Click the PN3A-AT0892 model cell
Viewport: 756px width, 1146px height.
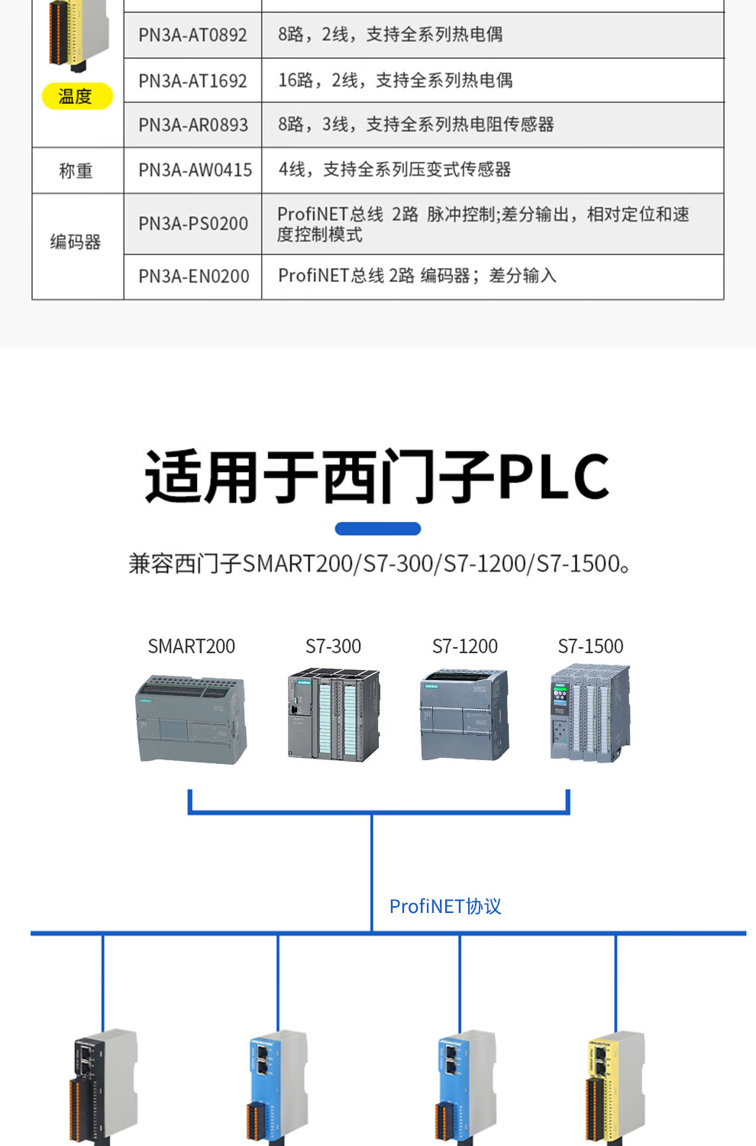coord(192,35)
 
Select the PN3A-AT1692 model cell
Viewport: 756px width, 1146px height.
coord(192,81)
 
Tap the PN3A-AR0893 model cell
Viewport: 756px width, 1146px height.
coord(193,125)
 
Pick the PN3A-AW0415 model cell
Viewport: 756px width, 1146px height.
coord(195,170)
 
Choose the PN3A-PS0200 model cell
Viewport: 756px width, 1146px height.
coord(193,224)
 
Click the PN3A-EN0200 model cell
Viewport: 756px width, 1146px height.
coord(193,277)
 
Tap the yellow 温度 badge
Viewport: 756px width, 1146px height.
coord(76,96)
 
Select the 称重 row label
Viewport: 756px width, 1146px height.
coord(76,171)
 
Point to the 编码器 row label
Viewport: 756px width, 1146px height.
coord(76,242)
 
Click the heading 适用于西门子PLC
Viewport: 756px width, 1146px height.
coord(377,477)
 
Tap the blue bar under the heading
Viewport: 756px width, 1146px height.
coord(378,529)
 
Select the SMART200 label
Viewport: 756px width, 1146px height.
coord(191,646)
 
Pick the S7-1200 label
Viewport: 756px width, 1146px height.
coord(464,646)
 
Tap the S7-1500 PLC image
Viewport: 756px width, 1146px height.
coord(590,713)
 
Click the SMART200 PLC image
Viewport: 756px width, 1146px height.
coord(192,719)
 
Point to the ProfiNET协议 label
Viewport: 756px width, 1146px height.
coord(445,907)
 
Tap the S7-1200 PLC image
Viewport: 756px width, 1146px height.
coord(464,714)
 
